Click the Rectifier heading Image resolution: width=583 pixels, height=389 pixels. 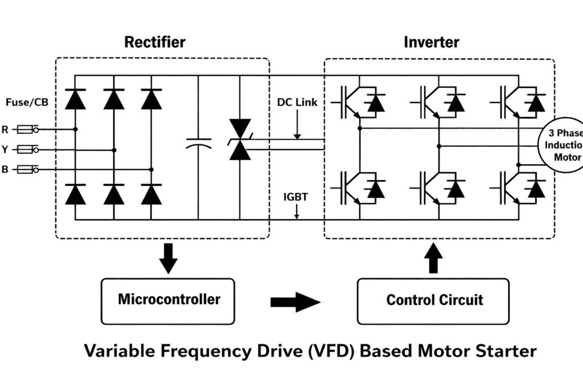click(x=155, y=42)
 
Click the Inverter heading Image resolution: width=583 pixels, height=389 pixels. click(x=432, y=42)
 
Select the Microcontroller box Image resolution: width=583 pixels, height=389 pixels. click(x=168, y=300)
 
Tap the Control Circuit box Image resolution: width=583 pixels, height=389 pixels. click(x=433, y=300)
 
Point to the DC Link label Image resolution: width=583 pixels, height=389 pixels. click(x=297, y=103)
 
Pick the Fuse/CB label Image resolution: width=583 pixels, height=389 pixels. click(x=27, y=103)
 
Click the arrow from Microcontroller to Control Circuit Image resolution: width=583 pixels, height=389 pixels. click(x=295, y=302)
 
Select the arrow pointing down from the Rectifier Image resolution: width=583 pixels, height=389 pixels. click(x=168, y=257)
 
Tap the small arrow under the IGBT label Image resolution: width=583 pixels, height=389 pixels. click(x=297, y=212)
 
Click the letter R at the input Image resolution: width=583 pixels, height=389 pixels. click(x=5, y=130)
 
